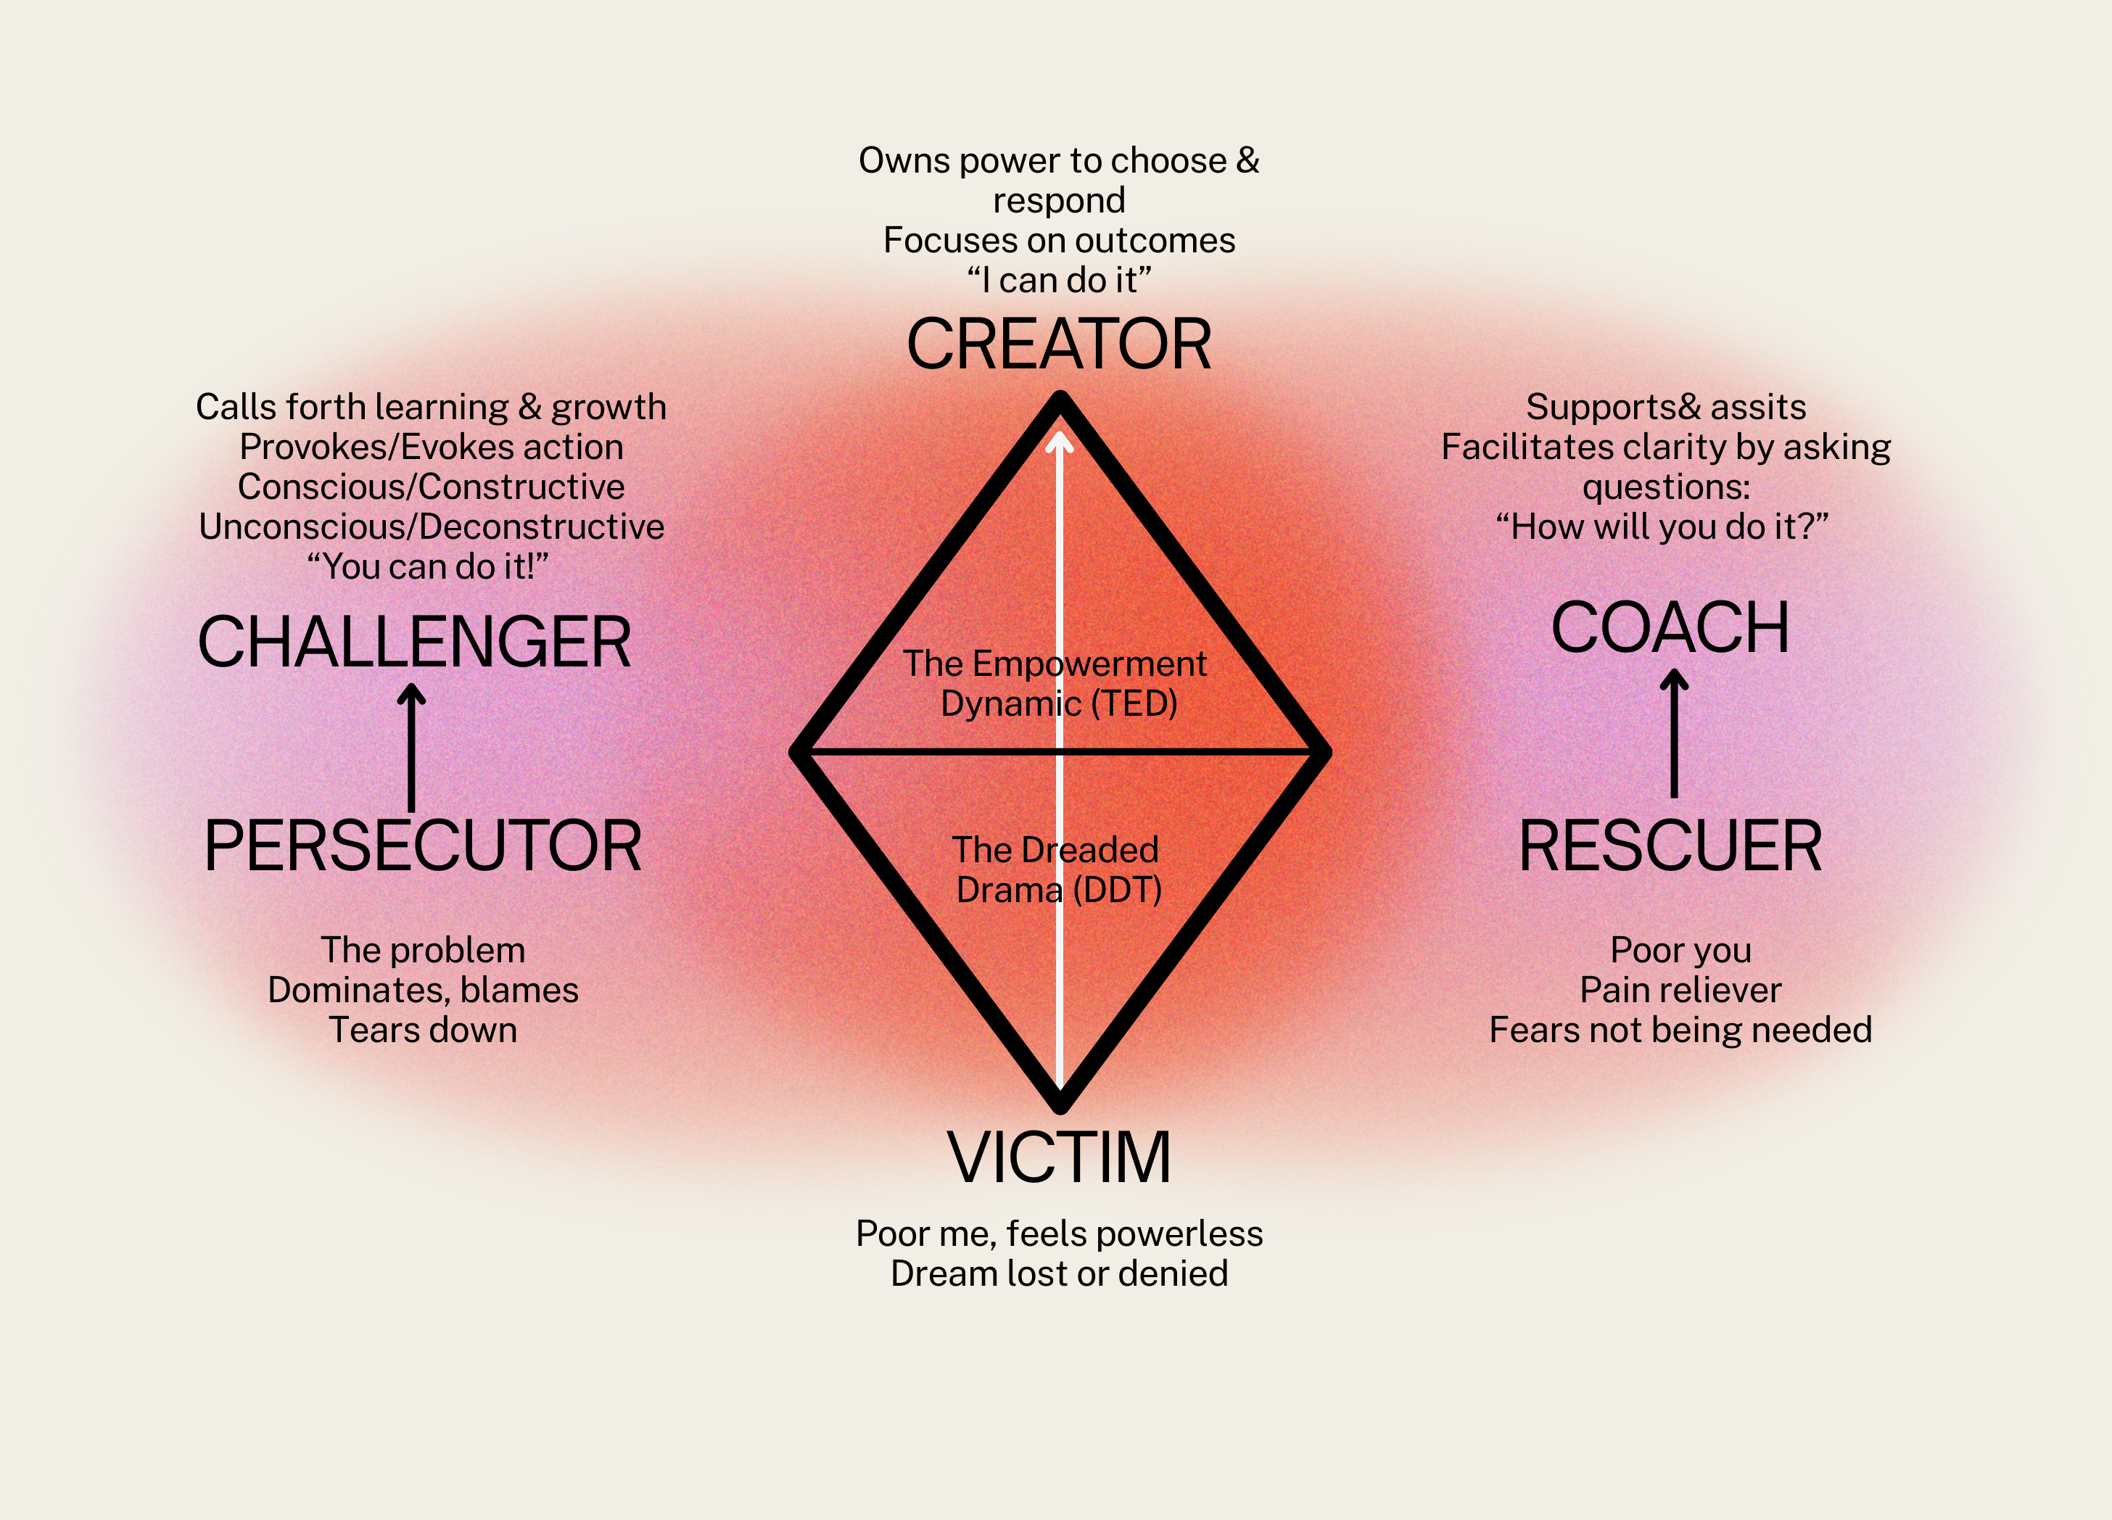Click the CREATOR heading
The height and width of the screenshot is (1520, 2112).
(x=1059, y=344)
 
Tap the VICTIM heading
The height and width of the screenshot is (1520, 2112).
(x=1059, y=1157)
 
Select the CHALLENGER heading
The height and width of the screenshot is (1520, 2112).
(x=414, y=642)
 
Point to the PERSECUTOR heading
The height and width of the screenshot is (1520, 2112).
(x=423, y=846)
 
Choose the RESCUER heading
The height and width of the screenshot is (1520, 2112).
(x=1670, y=846)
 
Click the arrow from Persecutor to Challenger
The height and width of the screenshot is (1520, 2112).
(x=412, y=745)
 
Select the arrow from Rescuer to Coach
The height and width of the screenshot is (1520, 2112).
(x=1673, y=733)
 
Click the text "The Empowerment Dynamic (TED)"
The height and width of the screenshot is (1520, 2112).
(x=1056, y=682)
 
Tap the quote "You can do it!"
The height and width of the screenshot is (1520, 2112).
(x=429, y=566)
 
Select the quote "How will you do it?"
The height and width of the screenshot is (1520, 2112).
(x=1662, y=526)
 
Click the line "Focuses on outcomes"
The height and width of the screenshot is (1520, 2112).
(x=1059, y=240)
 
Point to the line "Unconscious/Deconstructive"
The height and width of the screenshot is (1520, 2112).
(x=431, y=526)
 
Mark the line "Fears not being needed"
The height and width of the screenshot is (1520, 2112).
(x=1680, y=1029)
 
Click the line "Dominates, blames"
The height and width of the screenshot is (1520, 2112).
(x=423, y=989)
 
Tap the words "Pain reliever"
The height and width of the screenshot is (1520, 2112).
(x=1680, y=989)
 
